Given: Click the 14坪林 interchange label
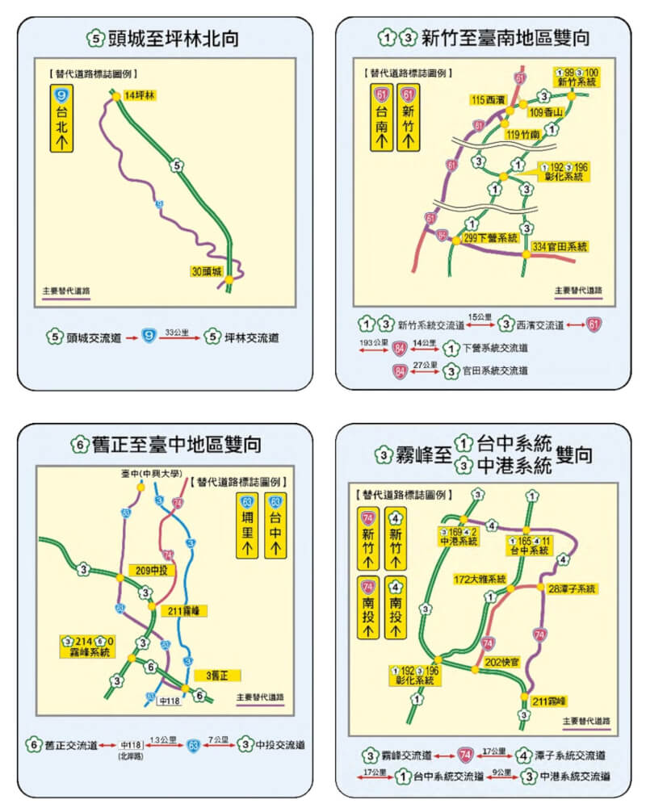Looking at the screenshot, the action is tap(139, 95).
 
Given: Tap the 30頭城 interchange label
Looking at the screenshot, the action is tap(208, 270).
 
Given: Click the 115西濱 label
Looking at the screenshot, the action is tap(489, 99).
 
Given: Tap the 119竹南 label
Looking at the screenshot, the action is tap(524, 136).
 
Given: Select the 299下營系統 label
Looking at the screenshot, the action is tap(490, 238).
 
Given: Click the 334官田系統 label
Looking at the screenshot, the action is tap(560, 245).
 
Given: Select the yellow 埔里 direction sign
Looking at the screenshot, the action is tap(247, 527).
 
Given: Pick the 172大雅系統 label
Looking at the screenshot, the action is tap(480, 579).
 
